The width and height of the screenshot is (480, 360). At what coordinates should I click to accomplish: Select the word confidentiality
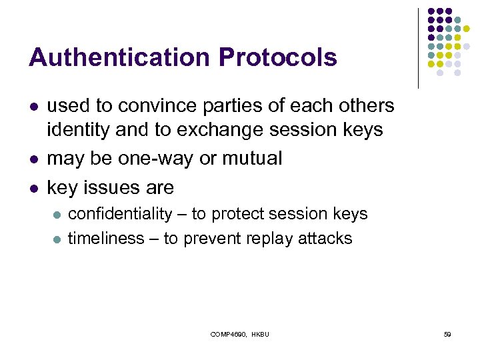click(121, 214)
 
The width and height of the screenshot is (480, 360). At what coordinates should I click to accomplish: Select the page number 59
click(447, 333)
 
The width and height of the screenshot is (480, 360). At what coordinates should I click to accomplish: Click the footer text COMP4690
click(228, 333)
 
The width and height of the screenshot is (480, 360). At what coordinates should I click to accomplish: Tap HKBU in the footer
click(260, 333)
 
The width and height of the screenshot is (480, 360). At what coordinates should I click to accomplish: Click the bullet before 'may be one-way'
click(33, 159)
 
